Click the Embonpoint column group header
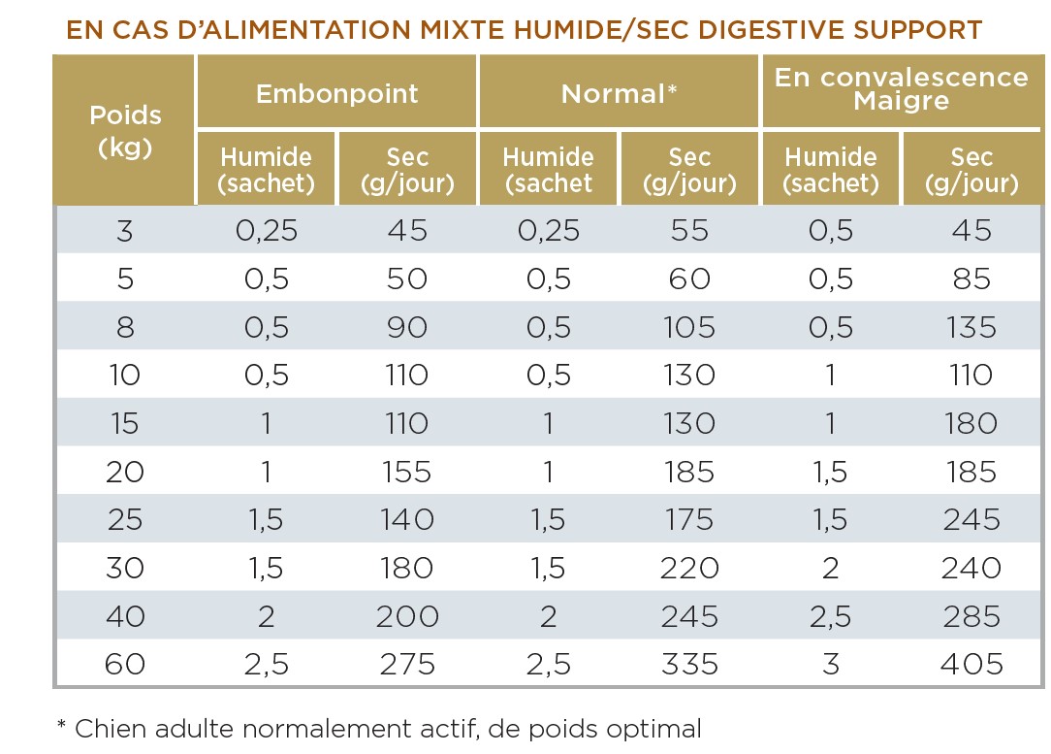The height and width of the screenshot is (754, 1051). point(336,94)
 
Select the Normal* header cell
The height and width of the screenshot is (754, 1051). point(619,94)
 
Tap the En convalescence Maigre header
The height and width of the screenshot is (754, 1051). point(902,88)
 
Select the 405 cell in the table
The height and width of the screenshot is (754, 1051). point(971,665)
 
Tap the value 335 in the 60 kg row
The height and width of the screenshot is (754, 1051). point(689,665)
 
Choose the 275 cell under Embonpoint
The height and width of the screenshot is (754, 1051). point(406,665)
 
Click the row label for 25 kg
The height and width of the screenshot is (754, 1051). point(125,520)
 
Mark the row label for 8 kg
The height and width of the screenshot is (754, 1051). point(125,327)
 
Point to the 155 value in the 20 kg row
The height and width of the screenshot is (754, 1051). point(406,472)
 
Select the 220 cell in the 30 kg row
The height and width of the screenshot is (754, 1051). point(689,569)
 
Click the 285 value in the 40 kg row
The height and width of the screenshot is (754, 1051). point(971,616)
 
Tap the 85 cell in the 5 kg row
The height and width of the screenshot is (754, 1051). point(971,279)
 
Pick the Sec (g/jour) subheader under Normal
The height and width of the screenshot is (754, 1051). point(689,170)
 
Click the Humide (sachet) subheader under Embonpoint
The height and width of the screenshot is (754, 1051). point(267,170)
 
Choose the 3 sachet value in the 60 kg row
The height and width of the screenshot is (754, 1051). point(831,665)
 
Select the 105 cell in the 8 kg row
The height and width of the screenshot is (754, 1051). point(689,327)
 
